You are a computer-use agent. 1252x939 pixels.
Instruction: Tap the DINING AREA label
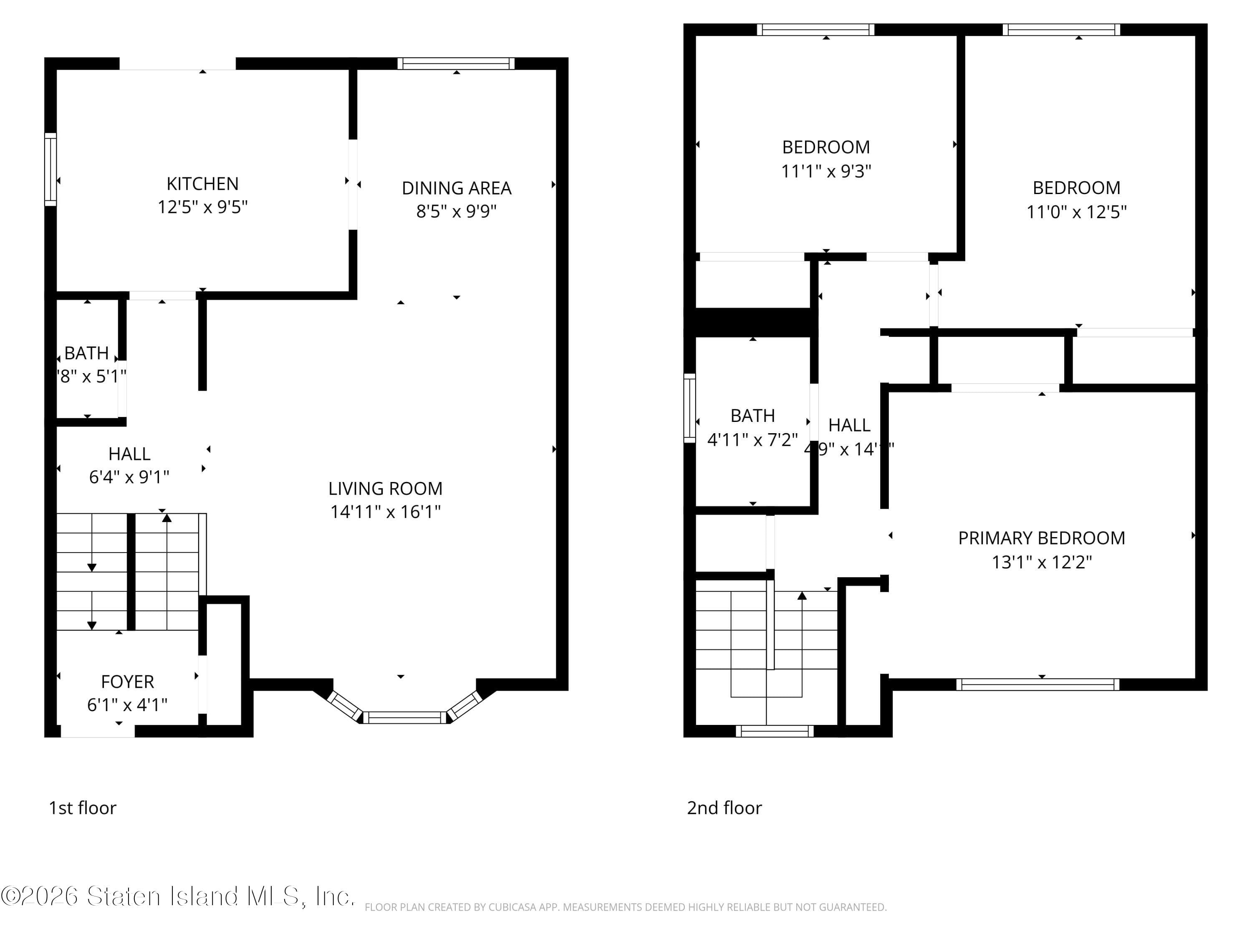(x=456, y=188)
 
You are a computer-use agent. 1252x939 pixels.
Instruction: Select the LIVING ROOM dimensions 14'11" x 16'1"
(x=386, y=512)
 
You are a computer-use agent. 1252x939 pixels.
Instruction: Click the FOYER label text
(x=127, y=682)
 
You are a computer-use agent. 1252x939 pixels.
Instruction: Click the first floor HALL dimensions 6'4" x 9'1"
(x=129, y=477)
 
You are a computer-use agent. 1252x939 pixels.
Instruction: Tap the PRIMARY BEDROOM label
(x=1041, y=538)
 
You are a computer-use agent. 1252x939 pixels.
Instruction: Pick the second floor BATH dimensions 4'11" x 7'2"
(x=752, y=439)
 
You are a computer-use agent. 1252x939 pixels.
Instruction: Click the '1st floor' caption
(x=83, y=808)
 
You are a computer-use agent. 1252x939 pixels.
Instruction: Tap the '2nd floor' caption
(x=724, y=808)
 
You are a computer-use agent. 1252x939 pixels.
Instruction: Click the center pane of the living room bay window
(x=405, y=718)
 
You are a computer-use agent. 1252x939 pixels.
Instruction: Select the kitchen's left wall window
(x=50, y=169)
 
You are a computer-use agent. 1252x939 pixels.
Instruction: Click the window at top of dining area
(x=456, y=63)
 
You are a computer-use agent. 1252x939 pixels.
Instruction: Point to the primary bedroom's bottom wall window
(x=1037, y=684)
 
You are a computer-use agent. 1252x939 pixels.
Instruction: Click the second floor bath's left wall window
(x=689, y=407)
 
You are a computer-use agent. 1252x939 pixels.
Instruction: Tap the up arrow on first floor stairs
(x=167, y=517)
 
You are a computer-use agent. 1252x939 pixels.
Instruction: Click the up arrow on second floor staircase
(x=801, y=596)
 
